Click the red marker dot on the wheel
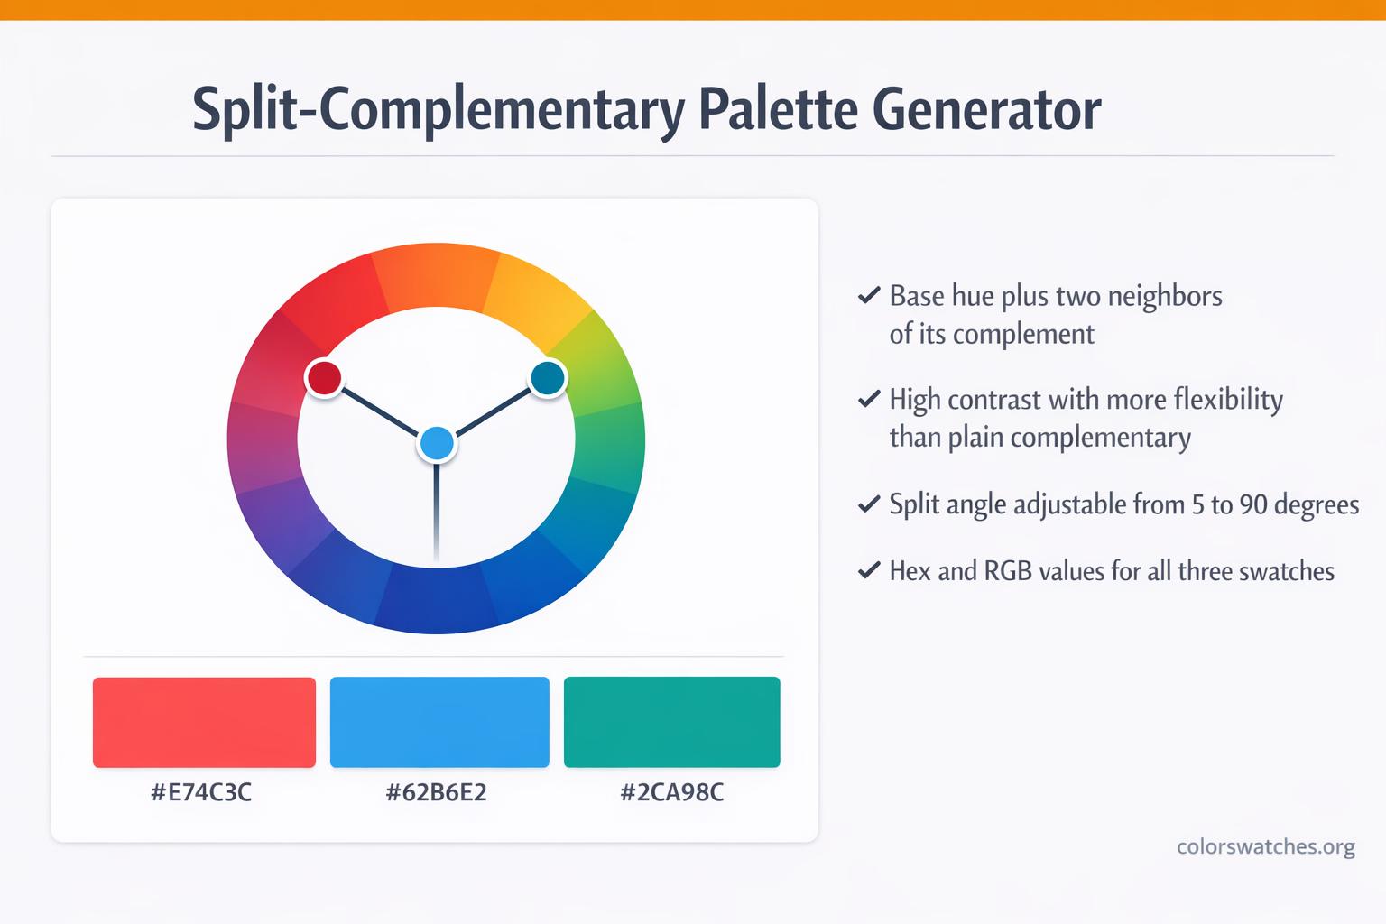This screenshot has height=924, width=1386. (x=324, y=377)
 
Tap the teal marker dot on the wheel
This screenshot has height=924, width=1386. (x=548, y=377)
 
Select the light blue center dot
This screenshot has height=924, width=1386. (x=437, y=444)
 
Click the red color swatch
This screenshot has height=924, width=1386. (x=204, y=722)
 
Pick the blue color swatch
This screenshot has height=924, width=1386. (x=439, y=722)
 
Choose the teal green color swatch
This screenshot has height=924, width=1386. (x=672, y=722)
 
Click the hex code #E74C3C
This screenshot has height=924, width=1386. (x=201, y=792)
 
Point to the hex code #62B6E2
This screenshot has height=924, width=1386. (x=436, y=792)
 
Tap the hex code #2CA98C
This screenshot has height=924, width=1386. (x=672, y=792)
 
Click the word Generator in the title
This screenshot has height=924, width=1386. (x=987, y=109)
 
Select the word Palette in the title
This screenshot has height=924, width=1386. (x=779, y=109)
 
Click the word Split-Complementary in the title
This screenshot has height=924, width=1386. (x=439, y=112)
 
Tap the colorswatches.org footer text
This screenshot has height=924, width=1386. (x=1266, y=846)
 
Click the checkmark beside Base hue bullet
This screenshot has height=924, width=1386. (x=869, y=295)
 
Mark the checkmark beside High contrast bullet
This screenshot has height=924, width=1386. (x=869, y=399)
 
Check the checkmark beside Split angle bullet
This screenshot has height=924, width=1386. (x=869, y=504)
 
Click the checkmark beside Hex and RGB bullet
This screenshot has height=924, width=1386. (x=869, y=570)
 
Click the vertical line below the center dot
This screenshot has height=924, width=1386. (x=437, y=513)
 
